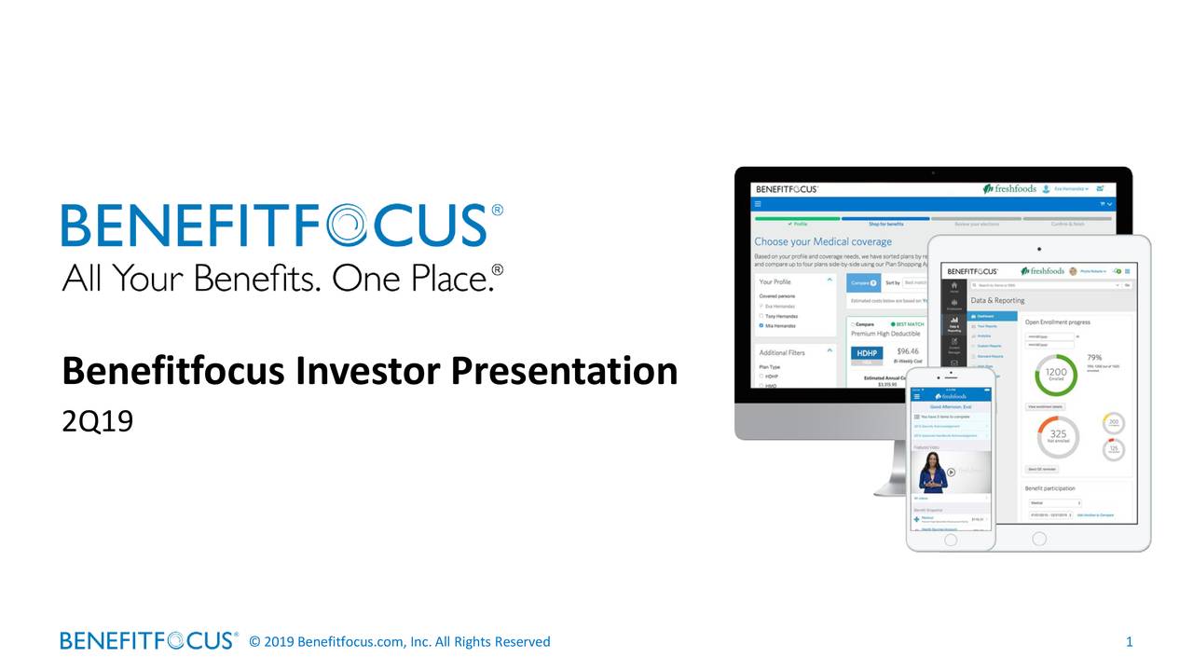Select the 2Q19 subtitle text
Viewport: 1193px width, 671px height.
98,421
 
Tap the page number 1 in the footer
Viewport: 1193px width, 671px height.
1129,641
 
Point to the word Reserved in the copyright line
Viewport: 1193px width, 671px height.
522,641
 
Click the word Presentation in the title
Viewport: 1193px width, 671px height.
564,372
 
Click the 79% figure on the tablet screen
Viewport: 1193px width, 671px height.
1094,357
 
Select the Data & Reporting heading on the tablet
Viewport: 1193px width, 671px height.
997,301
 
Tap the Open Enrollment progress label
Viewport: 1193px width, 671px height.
1058,322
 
